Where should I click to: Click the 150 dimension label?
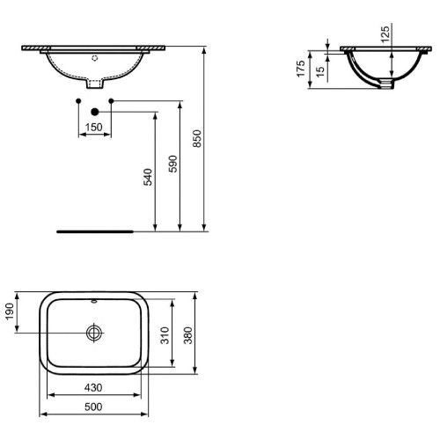94,128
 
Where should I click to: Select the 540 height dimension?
149,176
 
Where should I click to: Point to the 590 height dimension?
173,165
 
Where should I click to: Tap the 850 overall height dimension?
198,139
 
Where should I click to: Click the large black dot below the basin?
94,113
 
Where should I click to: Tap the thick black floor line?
94,232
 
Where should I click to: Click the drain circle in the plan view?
94,333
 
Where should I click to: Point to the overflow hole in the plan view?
94,299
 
